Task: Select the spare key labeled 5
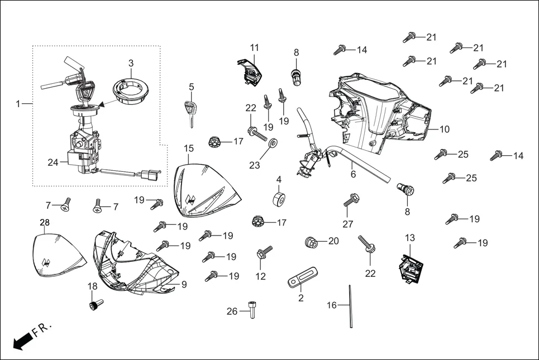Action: (191, 111)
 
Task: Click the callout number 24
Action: (53, 163)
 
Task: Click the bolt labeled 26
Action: (251, 309)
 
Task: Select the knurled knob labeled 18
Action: (96, 305)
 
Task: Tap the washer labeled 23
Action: (273, 145)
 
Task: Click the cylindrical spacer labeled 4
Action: (279, 199)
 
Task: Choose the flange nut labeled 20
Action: (311, 242)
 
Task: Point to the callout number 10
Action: (445, 129)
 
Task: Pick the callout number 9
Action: (184, 284)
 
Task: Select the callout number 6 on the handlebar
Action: (353, 174)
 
